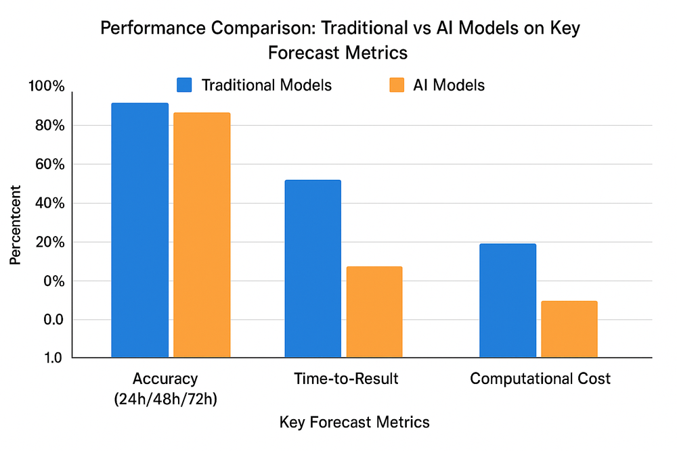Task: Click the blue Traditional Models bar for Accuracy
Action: click(x=139, y=230)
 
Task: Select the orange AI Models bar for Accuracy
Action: click(x=202, y=235)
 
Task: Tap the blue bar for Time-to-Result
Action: click(x=313, y=268)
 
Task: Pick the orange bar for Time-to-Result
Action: click(x=374, y=312)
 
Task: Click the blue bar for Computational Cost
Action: click(x=508, y=300)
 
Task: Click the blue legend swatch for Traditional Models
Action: click(x=185, y=85)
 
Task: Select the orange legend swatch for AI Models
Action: click(x=396, y=85)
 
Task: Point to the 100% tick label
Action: click(x=45, y=87)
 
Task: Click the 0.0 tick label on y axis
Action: click(x=51, y=320)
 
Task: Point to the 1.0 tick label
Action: click(x=51, y=358)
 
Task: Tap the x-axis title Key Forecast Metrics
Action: click(x=354, y=423)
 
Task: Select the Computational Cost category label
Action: click(x=540, y=379)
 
